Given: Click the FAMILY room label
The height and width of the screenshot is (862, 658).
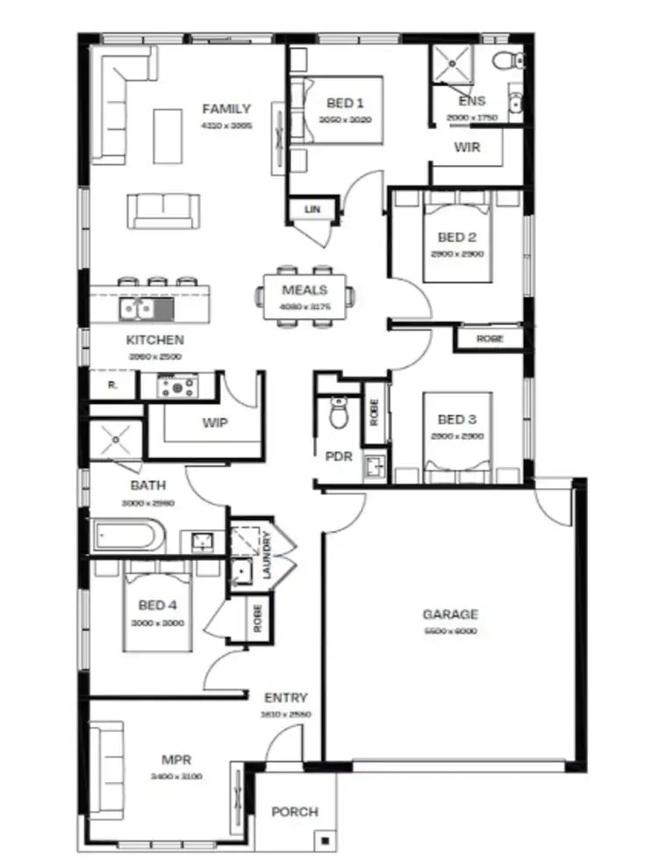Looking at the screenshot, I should point(226,110).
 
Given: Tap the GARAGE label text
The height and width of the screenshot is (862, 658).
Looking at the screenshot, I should point(450,614).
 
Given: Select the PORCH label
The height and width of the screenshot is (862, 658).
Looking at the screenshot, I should point(294,812).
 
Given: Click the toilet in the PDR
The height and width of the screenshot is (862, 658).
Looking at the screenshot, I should point(339,411).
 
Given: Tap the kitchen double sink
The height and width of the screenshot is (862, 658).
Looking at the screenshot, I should point(137,308).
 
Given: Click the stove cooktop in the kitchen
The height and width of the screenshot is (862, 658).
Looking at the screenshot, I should point(179,385).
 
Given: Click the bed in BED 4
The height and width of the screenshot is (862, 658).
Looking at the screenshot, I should point(157,608).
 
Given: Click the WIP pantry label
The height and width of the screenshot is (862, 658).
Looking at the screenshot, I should point(215,423).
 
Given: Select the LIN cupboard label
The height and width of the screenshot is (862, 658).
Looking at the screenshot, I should point(311,209).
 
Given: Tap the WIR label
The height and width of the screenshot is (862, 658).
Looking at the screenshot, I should point(467,147).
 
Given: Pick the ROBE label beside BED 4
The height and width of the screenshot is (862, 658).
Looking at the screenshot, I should point(258,618).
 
